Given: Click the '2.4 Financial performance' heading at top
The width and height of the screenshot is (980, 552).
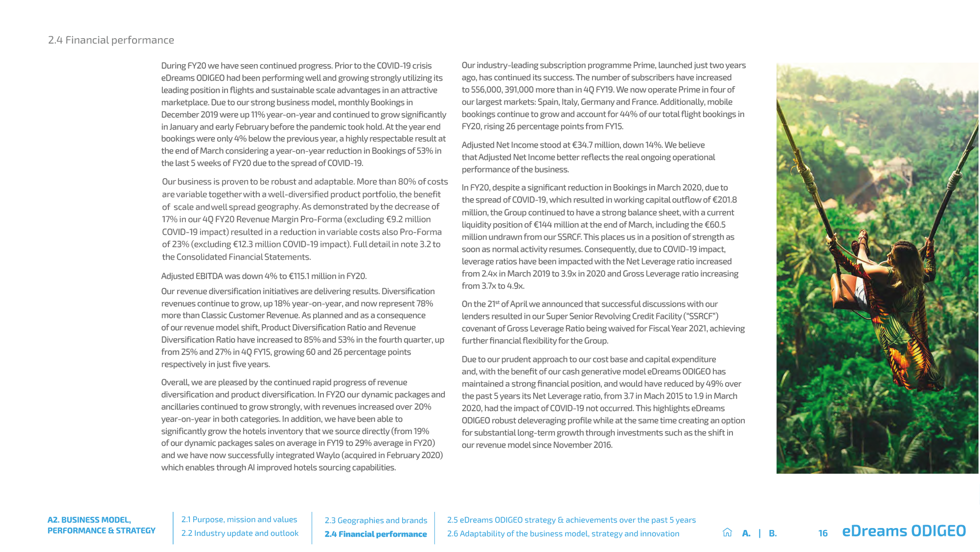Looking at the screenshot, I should tap(111, 40).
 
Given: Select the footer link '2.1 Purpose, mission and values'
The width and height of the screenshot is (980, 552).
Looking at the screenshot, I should tap(239, 520).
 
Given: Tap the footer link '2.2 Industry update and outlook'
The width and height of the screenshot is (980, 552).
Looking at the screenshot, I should tap(240, 533).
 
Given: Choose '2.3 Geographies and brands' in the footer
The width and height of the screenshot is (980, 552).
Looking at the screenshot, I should tap(376, 521).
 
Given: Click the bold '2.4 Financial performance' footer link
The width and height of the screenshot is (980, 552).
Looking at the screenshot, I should tap(376, 534).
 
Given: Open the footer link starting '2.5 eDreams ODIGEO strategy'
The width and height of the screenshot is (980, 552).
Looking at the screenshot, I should tap(571, 520).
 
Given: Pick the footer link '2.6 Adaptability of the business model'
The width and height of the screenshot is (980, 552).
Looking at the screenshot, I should tap(563, 534).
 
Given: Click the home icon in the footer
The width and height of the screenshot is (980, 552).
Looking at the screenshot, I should tap(728, 532).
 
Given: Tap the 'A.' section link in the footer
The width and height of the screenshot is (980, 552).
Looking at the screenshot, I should tap(746, 533).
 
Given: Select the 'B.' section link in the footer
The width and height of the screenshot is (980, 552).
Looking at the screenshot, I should tap(773, 533).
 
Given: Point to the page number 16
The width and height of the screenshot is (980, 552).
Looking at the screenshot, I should tap(823, 533).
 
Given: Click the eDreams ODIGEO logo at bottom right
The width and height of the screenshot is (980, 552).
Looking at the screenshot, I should tap(904, 531).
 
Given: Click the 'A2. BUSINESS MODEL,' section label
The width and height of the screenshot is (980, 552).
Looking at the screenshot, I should tap(89, 520).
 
